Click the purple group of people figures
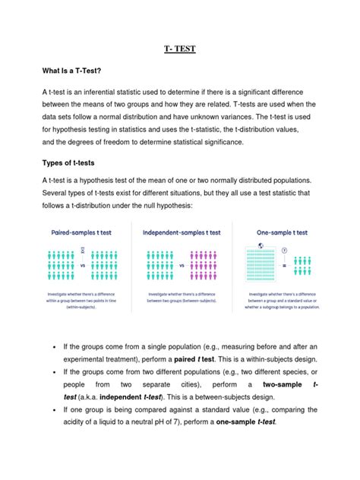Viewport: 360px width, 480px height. (x=210, y=267)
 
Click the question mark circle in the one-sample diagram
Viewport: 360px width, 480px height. (x=283, y=249)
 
